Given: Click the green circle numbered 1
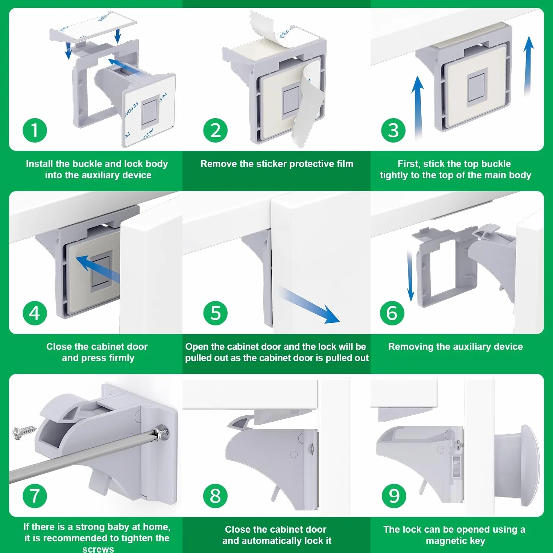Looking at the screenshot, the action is (35, 130).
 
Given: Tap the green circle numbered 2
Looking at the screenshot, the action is (215, 130).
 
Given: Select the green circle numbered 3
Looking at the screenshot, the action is (393, 130).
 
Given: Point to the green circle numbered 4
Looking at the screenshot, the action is (35, 313).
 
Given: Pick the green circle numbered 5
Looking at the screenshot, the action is (215, 313).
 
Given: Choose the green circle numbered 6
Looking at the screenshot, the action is (392, 313).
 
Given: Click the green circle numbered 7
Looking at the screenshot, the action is (35, 496).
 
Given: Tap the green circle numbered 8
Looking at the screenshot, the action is (215, 496).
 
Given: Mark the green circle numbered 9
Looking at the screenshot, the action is (394, 496).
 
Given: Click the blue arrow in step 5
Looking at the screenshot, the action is (309, 305).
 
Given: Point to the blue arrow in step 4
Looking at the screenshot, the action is (98, 269).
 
